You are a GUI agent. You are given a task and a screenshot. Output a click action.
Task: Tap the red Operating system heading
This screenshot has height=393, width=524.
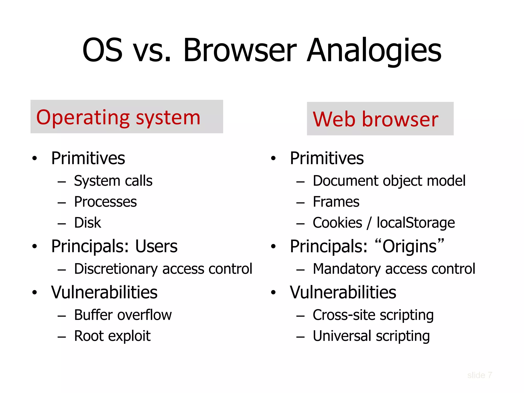[118, 117]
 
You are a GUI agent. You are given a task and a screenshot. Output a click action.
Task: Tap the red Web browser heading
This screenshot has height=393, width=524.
[375, 119]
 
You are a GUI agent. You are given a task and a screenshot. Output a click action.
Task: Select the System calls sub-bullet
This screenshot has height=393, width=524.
[113, 181]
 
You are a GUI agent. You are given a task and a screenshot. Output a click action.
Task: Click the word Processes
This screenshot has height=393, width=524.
[105, 202]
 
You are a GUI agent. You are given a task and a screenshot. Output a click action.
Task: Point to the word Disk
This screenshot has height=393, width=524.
[88, 223]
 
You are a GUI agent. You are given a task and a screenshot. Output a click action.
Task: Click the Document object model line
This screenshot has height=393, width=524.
[389, 181]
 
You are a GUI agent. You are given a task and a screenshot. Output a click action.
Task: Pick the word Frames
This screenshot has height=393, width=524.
[336, 202]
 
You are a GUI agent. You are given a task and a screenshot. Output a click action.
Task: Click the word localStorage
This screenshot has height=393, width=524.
[416, 223]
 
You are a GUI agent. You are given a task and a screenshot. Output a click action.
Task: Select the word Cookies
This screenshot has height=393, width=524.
[337, 223]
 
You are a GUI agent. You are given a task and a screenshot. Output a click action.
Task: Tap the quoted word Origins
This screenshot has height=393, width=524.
[409, 246]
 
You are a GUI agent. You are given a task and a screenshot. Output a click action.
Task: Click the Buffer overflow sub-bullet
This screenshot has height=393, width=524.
[123, 315]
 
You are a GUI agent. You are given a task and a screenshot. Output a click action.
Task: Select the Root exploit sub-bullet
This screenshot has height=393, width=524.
[112, 336]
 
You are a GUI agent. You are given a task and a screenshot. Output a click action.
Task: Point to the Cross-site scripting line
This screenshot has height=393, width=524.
[373, 315]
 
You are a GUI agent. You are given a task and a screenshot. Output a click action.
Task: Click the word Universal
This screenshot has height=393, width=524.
[342, 336]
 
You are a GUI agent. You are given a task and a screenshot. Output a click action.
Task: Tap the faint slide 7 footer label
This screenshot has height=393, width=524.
[479, 375]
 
